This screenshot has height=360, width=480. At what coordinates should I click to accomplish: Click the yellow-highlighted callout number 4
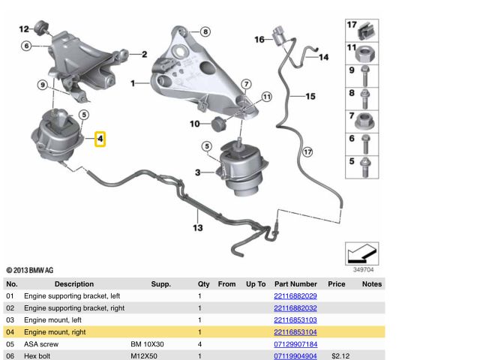tap(100, 139)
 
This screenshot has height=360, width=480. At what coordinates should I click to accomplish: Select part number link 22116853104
tap(295, 331)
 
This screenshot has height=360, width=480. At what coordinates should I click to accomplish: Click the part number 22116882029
tap(295, 296)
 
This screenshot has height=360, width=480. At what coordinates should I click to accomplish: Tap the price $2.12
tap(340, 355)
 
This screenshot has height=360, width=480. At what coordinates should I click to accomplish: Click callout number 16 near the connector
tap(259, 39)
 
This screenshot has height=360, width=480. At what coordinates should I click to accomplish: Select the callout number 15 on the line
tap(309, 96)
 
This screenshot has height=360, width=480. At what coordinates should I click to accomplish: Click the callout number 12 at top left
tap(23, 29)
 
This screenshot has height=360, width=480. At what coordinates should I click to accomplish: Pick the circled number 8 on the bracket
tap(205, 31)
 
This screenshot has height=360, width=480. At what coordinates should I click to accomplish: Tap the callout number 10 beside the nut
tap(194, 123)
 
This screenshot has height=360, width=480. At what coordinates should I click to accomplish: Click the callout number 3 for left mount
tap(198, 172)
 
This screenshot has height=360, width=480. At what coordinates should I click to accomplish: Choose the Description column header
tap(74, 284)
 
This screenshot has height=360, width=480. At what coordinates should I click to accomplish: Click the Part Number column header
tap(295, 284)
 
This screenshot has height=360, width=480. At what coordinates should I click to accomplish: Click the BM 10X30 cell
tap(147, 343)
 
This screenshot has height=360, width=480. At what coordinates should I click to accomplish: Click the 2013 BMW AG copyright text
tap(30, 269)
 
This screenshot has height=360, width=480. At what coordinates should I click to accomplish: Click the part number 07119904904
tap(295, 355)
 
